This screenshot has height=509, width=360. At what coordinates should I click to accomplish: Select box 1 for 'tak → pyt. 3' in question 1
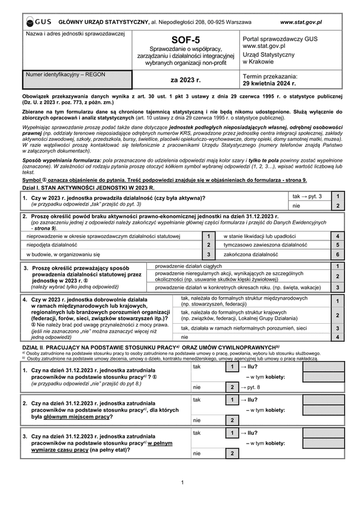(x=338, y=197)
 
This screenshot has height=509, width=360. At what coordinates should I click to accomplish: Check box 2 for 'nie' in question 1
(x=338, y=206)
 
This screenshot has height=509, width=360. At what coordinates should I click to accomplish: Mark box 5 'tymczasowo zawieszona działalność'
(x=338, y=245)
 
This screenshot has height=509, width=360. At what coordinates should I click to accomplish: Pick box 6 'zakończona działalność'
(x=338, y=254)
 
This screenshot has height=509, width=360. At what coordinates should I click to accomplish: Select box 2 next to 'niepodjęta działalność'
(x=208, y=245)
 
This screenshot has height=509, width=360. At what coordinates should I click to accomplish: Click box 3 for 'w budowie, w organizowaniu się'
(x=208, y=254)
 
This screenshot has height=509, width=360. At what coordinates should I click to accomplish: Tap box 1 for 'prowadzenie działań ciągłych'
(x=338, y=266)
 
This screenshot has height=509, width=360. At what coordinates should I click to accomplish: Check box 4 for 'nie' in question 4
(x=338, y=338)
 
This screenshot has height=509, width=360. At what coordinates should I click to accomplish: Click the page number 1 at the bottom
(x=182, y=482)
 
